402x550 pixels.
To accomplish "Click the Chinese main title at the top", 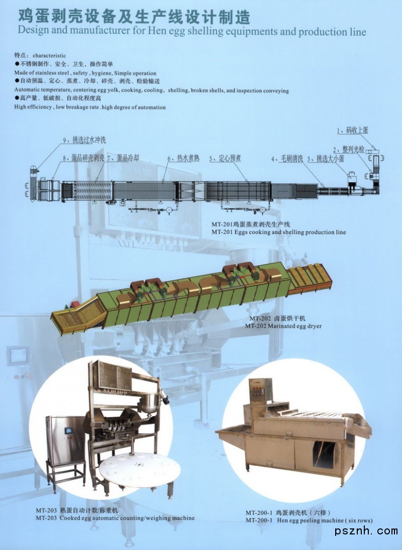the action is click(x=134, y=16).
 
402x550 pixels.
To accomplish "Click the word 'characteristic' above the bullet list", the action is click(x=49, y=55).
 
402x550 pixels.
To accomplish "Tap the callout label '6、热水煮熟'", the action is click(x=183, y=159).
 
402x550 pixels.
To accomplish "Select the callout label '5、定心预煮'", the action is click(x=225, y=159).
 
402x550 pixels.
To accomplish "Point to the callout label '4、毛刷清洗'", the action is click(x=287, y=159).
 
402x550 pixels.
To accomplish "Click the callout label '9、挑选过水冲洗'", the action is click(x=84, y=140).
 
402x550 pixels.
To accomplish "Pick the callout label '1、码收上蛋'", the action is click(x=353, y=131).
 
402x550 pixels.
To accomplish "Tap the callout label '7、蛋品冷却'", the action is click(x=123, y=158).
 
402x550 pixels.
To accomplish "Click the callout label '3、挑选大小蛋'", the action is click(x=326, y=159).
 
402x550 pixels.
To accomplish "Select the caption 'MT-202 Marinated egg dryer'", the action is click(x=283, y=326).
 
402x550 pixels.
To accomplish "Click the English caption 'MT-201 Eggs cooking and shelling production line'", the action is click(x=278, y=232).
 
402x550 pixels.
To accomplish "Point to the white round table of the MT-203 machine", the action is click(x=140, y=470).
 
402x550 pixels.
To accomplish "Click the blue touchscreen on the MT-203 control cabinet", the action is click(x=68, y=430).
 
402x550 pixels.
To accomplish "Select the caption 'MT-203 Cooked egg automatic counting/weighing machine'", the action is click(x=115, y=518).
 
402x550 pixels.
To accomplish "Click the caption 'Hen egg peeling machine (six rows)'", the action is click(x=325, y=520).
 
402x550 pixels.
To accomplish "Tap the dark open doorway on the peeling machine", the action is click(x=324, y=455).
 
